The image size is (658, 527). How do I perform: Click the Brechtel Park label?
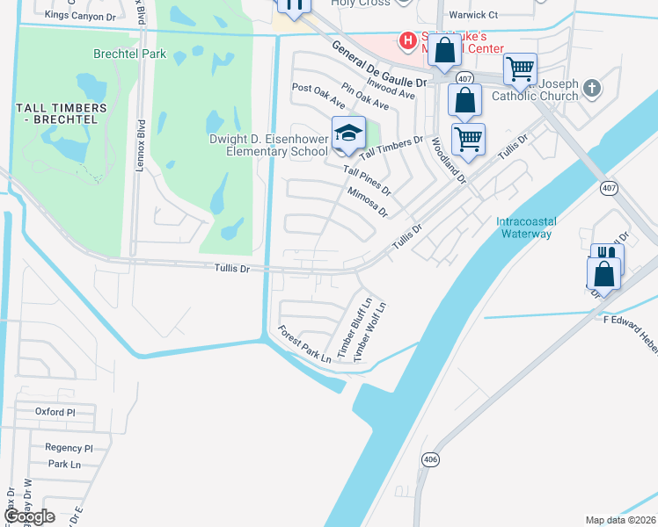click(x=129, y=54)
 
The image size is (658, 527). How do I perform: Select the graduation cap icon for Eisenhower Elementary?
click(x=348, y=133)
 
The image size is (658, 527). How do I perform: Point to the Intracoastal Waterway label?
click(x=524, y=227)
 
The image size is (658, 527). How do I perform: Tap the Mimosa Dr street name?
click(x=367, y=202)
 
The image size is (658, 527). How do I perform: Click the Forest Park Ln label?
click(x=304, y=344)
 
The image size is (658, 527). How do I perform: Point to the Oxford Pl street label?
click(x=55, y=411)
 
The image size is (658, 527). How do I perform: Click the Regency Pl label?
click(x=62, y=447)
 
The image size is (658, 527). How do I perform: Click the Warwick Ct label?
click(x=473, y=15)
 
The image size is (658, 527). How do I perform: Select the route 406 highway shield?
click(x=429, y=458)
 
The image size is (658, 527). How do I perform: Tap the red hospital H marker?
click(x=407, y=40)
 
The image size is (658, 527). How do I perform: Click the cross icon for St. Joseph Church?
click(x=592, y=87)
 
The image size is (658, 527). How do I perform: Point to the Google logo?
click(x=29, y=516)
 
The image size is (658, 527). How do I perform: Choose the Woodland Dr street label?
click(x=447, y=159)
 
